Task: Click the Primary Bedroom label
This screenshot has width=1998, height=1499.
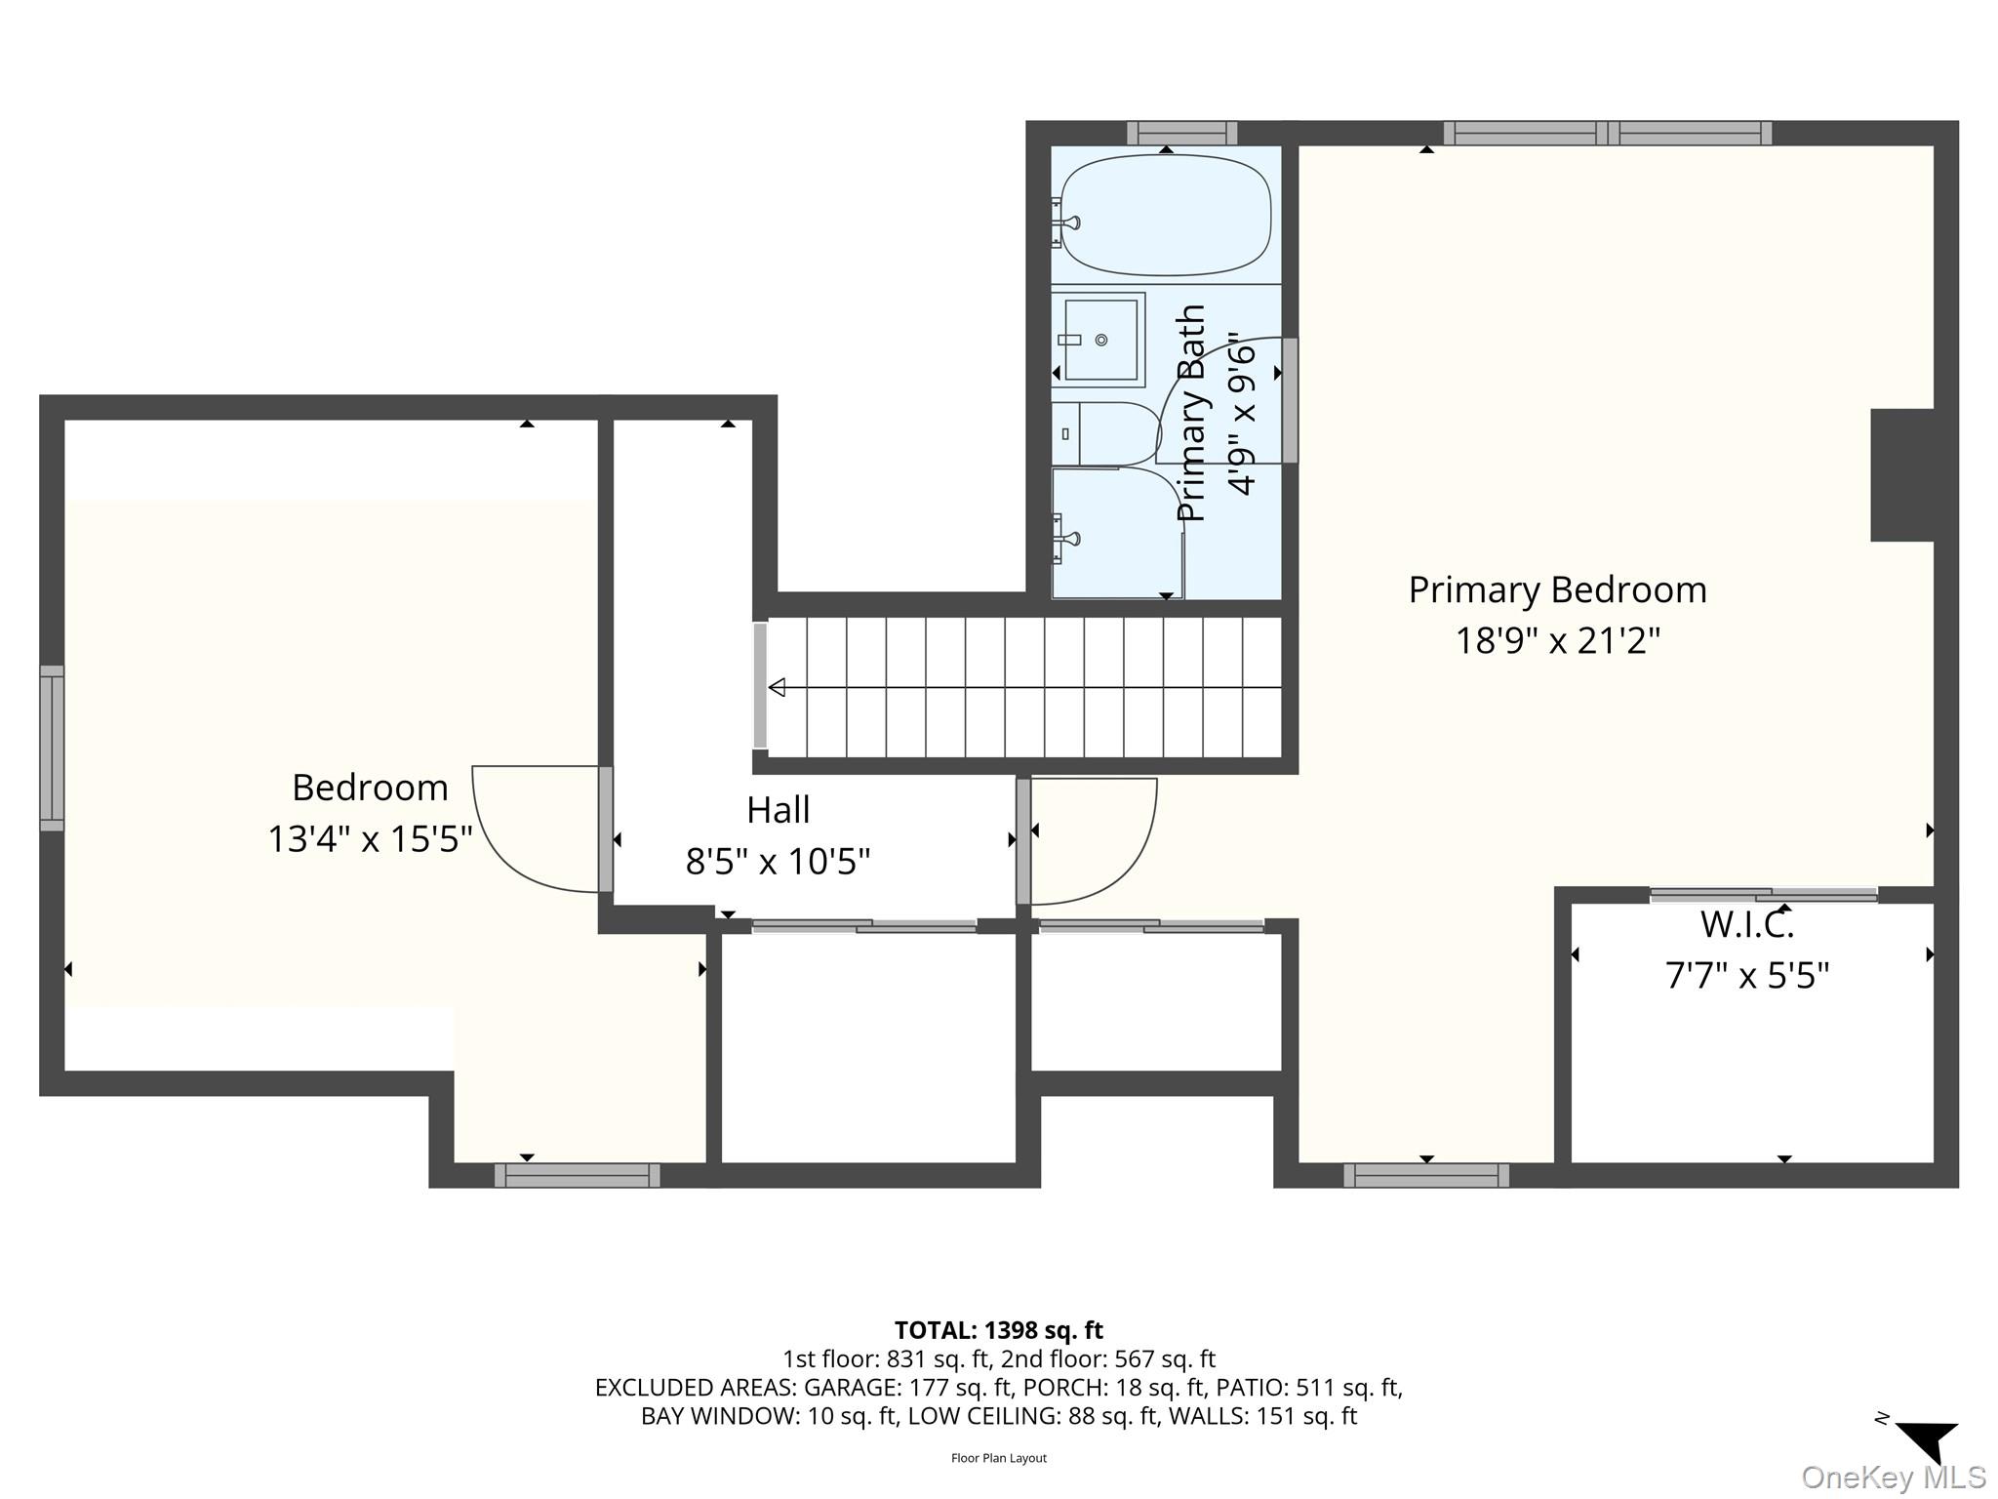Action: pos(1557,590)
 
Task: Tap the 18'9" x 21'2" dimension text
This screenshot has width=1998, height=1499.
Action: pos(1557,641)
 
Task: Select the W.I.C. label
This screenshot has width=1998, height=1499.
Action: pos(1746,924)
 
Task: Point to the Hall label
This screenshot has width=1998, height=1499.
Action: pos(779,810)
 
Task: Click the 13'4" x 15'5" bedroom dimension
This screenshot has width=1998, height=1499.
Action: pos(370,839)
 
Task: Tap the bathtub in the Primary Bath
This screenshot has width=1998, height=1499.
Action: pos(1166,215)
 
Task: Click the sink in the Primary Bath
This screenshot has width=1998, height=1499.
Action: pos(1099,340)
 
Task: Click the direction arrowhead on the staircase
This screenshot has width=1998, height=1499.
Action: pos(778,688)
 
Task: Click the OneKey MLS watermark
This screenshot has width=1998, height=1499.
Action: pos(1893,1478)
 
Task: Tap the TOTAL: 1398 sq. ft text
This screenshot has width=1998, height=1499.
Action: pos(999,1330)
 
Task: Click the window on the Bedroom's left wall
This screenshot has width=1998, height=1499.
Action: pos(52,749)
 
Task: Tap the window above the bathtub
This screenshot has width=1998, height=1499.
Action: pos(1182,133)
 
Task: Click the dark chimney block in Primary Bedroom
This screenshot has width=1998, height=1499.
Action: pos(1902,474)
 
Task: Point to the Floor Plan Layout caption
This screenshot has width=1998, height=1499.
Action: pos(999,1458)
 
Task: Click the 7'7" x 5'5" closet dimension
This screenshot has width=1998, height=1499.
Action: pos(1746,975)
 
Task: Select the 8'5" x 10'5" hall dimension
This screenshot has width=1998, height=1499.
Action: pos(778,862)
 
